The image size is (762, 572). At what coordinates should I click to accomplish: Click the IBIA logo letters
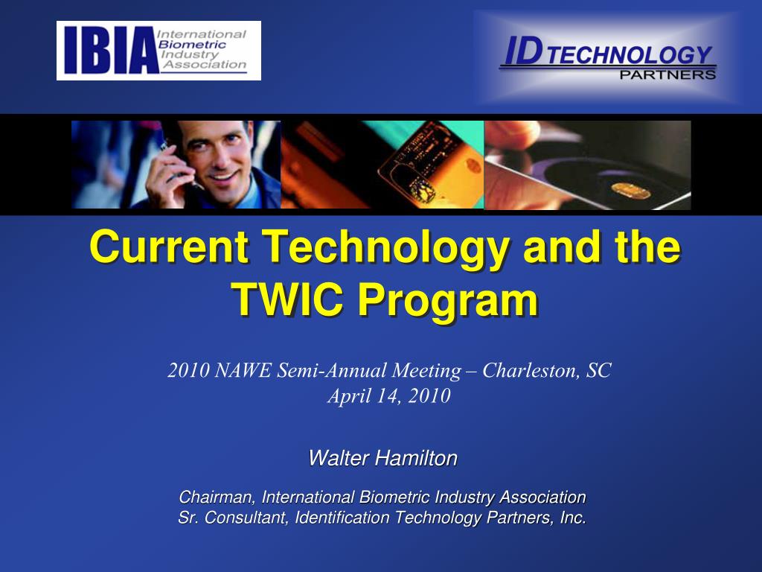tap(109, 51)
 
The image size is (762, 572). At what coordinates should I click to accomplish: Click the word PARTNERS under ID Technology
tap(667, 74)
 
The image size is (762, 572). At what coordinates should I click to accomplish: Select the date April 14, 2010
tap(389, 395)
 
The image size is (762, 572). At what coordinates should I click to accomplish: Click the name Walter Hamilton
tap(382, 457)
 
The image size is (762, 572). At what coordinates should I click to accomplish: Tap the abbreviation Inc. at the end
tap(573, 518)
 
